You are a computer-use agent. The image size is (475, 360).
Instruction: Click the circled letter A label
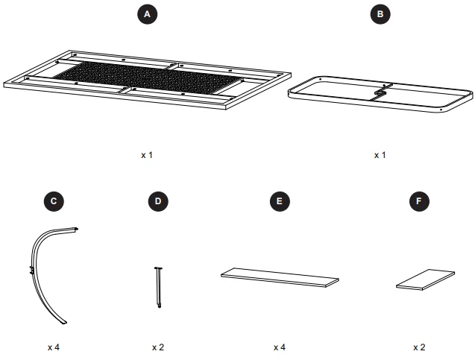147,14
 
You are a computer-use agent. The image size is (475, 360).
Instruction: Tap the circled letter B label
380,14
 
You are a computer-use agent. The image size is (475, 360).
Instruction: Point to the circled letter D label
158,201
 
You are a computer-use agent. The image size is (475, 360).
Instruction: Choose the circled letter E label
279,201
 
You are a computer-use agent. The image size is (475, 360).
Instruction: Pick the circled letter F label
420,201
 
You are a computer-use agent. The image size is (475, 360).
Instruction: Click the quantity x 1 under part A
147,155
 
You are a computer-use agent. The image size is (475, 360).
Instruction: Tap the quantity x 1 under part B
380,155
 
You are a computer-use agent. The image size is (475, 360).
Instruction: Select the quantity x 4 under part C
54,347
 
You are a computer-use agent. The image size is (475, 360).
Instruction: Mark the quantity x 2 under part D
158,347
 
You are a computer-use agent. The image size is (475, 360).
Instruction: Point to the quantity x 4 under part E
280,347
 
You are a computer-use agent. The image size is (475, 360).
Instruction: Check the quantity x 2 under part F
420,347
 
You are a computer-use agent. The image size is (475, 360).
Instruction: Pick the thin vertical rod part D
159,287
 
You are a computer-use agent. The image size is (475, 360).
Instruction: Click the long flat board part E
280,277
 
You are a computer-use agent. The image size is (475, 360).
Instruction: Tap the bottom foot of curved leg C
63,320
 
